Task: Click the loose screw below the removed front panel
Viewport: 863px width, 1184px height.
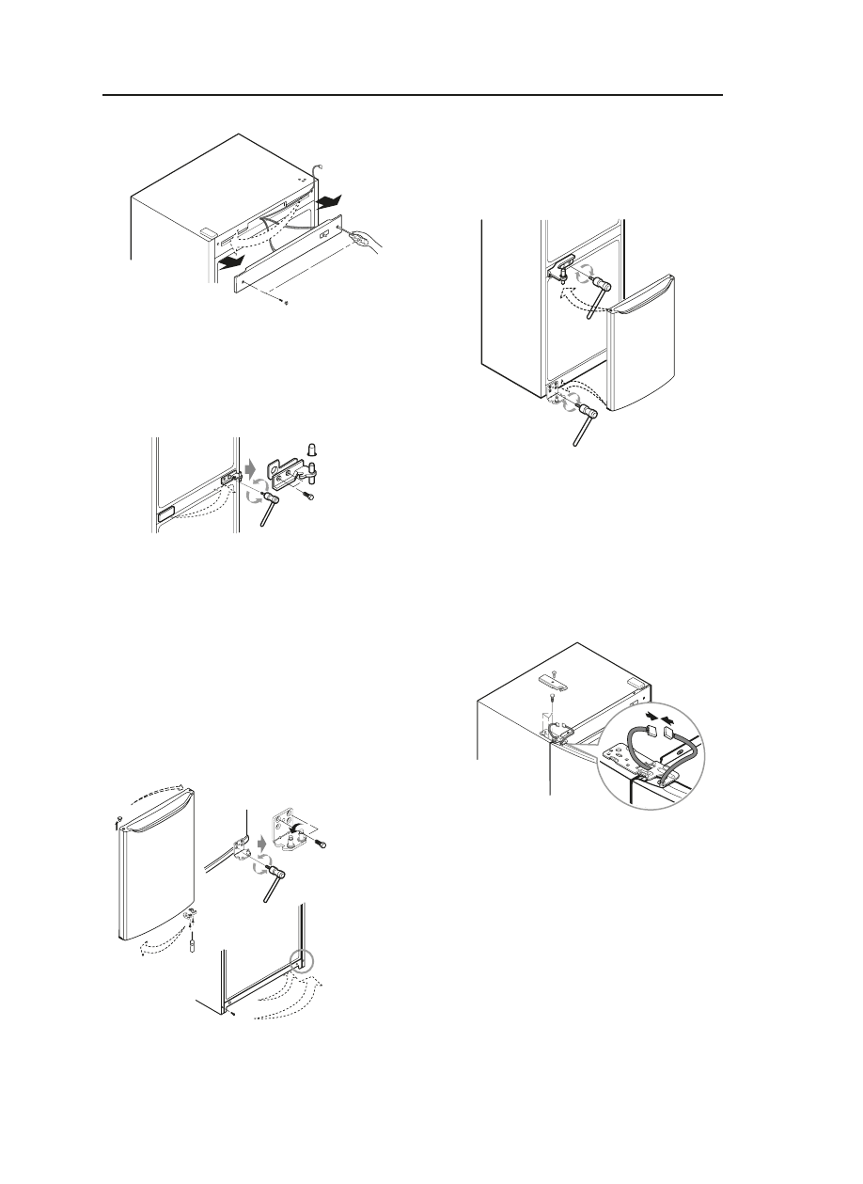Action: coord(286,303)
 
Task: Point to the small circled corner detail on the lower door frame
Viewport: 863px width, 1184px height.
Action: coord(303,961)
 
